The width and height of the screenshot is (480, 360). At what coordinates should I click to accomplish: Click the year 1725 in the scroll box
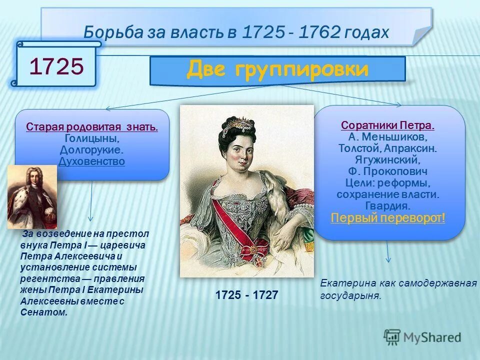pyautogui.click(x=56, y=66)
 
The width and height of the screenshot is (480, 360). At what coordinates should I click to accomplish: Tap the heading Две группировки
pyautogui.click(x=277, y=69)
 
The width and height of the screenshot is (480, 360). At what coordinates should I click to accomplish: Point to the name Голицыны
pyautogui.click(x=92, y=138)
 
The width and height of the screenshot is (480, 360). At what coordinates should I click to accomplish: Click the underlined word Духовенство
pyautogui.click(x=92, y=161)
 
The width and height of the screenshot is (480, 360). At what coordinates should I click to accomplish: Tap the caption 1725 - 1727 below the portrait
pyautogui.click(x=246, y=295)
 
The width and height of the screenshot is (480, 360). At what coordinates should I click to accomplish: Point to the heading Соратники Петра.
pyautogui.click(x=388, y=125)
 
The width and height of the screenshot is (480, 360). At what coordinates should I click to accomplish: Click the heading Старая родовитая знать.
pyautogui.click(x=92, y=127)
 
